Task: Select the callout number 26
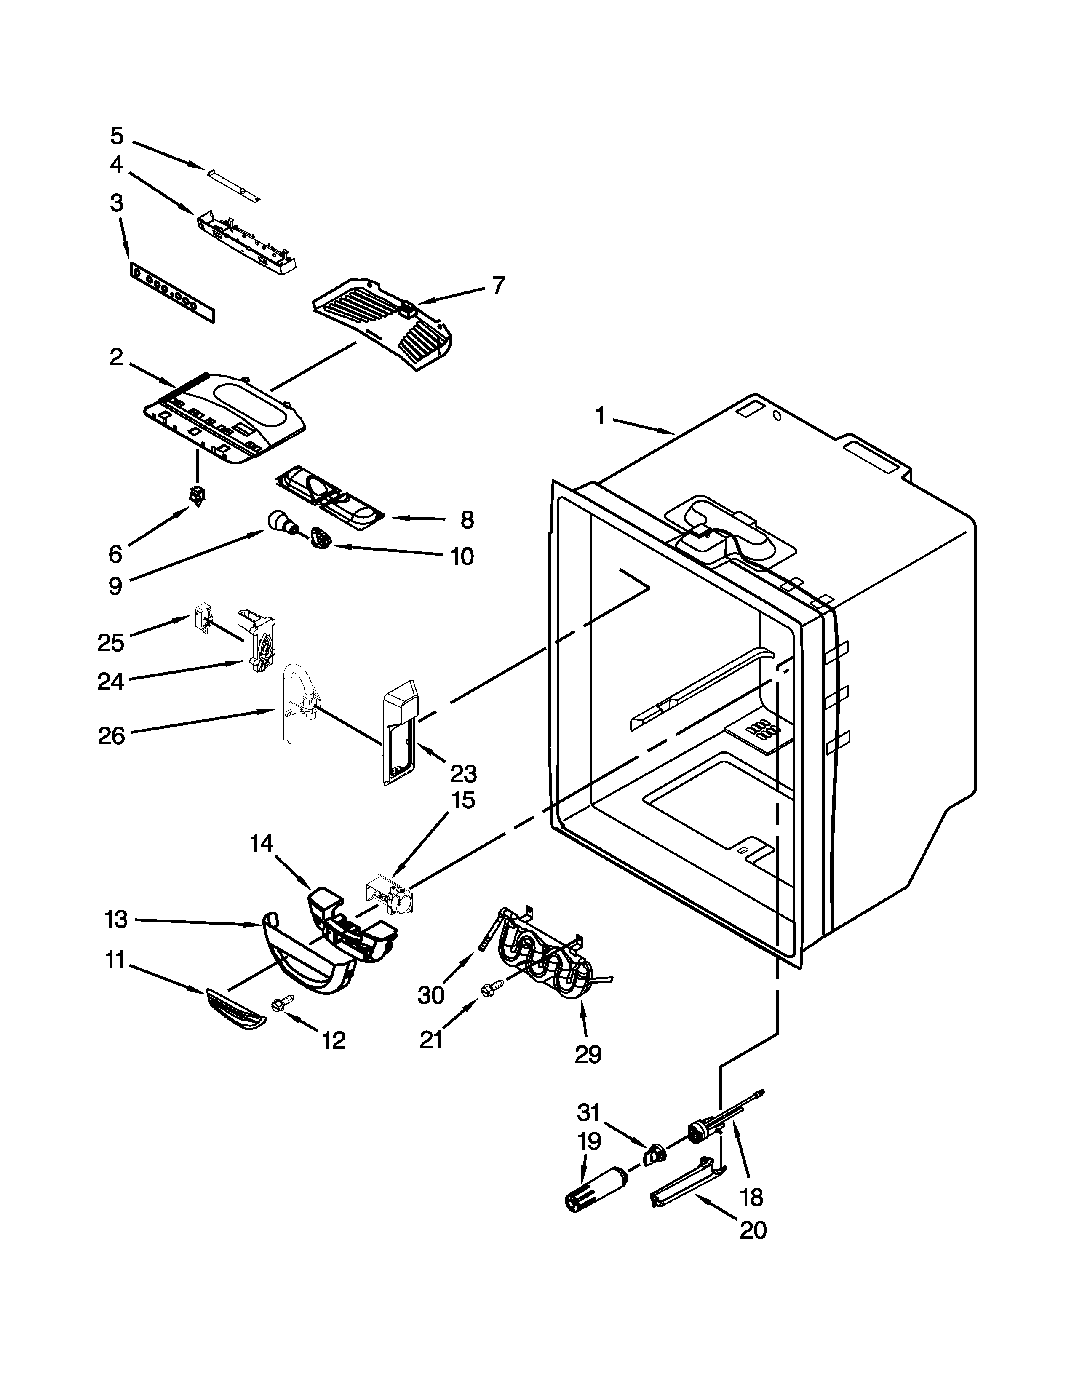coord(111,736)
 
